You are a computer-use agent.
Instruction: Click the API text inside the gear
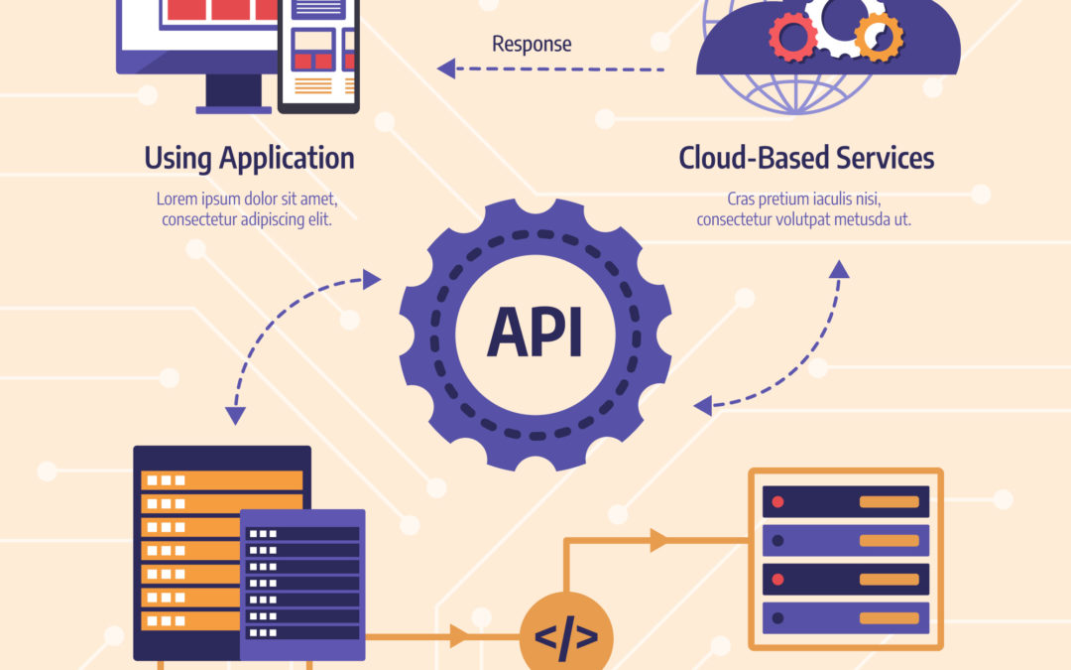pyautogui.click(x=535, y=332)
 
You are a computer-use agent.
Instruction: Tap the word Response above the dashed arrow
pyautogui.click(x=532, y=44)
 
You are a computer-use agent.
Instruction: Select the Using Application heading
pyautogui.click(x=249, y=158)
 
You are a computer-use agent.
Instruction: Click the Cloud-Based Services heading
pyautogui.click(x=806, y=158)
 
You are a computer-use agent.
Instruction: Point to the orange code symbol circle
pyautogui.click(x=566, y=636)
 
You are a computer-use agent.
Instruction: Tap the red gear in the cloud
pyautogui.click(x=793, y=38)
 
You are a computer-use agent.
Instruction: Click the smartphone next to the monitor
pyautogui.click(x=317, y=55)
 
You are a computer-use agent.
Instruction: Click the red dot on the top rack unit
pyautogui.click(x=777, y=501)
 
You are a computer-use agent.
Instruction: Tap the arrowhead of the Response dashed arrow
pyautogui.click(x=447, y=68)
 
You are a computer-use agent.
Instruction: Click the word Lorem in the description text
pyautogui.click(x=177, y=198)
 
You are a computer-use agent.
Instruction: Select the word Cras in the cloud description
pyautogui.click(x=744, y=198)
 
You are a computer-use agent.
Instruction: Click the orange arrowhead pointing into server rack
pyautogui.click(x=657, y=541)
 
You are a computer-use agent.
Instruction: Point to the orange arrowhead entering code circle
pyautogui.click(x=459, y=636)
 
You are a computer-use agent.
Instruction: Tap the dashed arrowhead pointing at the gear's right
pyautogui.click(x=702, y=405)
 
